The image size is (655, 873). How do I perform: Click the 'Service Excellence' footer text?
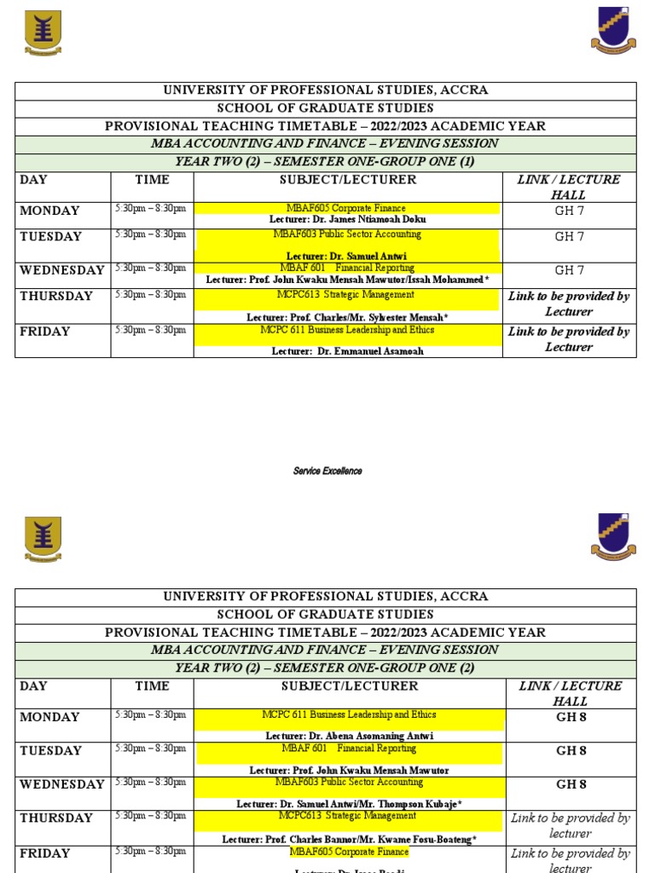[327, 471]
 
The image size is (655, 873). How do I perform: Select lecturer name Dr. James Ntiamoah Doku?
[347, 220]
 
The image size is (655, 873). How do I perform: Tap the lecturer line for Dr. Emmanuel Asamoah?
[347, 350]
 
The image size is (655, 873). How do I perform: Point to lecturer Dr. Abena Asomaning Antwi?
[349, 736]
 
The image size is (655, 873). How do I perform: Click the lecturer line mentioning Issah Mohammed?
[347, 280]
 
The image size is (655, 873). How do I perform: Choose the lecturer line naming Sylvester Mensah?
[347, 317]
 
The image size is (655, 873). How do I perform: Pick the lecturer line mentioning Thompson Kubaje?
[349, 804]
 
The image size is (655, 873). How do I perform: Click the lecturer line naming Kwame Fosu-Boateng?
[349, 839]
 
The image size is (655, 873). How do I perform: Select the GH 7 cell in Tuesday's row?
[569, 237]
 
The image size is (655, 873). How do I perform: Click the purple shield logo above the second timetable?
[612, 536]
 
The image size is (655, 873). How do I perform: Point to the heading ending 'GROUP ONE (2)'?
[325, 668]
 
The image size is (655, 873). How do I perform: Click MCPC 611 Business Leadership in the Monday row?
[348, 714]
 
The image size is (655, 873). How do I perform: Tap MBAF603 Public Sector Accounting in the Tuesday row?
[347, 234]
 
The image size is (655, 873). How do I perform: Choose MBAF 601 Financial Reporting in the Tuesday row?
[348, 749]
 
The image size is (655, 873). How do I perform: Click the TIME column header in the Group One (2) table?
[152, 686]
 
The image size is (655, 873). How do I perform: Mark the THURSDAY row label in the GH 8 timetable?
[56, 818]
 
